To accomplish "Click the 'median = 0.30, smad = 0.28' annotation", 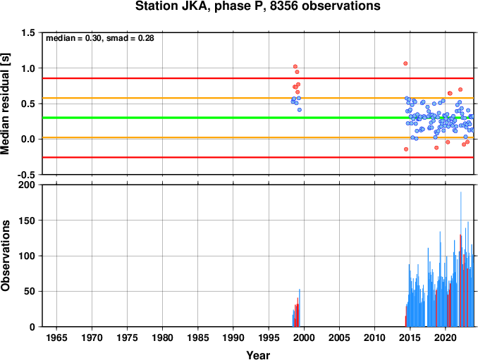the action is pos(100,38).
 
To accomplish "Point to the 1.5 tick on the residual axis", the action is pos(28,32).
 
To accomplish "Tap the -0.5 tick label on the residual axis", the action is pos(26,175).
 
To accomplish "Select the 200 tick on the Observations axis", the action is pos(27,185).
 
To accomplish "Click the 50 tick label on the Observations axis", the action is pos(30,291).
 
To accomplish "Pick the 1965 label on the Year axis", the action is pos(56,337).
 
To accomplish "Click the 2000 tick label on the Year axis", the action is pos(304,337).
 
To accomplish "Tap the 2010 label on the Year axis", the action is pos(374,337).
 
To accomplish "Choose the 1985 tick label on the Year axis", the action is pos(198,337).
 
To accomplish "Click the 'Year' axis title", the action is pos(258,355).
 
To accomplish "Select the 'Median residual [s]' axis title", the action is pos(5,104).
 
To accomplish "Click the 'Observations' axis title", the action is pos(5,256).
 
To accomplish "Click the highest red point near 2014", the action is pos(405,63).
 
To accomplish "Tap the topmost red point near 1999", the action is pos(295,66).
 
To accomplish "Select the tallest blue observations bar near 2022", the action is pos(460,259).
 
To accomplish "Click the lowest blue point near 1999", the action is pos(300,110).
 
